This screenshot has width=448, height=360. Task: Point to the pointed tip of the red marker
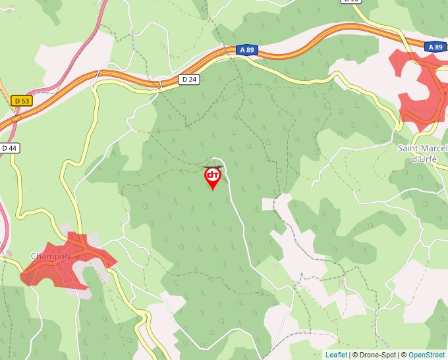coord(213,190)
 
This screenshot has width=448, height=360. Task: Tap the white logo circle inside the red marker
coord(213,175)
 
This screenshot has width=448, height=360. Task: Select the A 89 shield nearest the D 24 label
coord(246,50)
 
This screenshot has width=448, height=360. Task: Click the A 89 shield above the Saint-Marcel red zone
coord(434,47)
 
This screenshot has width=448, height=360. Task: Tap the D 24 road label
coord(189,79)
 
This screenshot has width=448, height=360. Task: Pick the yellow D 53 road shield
coord(21,101)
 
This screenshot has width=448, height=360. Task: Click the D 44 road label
coord(9,148)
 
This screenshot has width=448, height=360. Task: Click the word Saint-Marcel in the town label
coord(422,148)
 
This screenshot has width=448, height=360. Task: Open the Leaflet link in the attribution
coord(336,355)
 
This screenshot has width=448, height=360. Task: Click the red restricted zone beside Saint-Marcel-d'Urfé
coord(422,86)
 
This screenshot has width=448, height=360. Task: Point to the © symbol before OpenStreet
coord(404,355)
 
